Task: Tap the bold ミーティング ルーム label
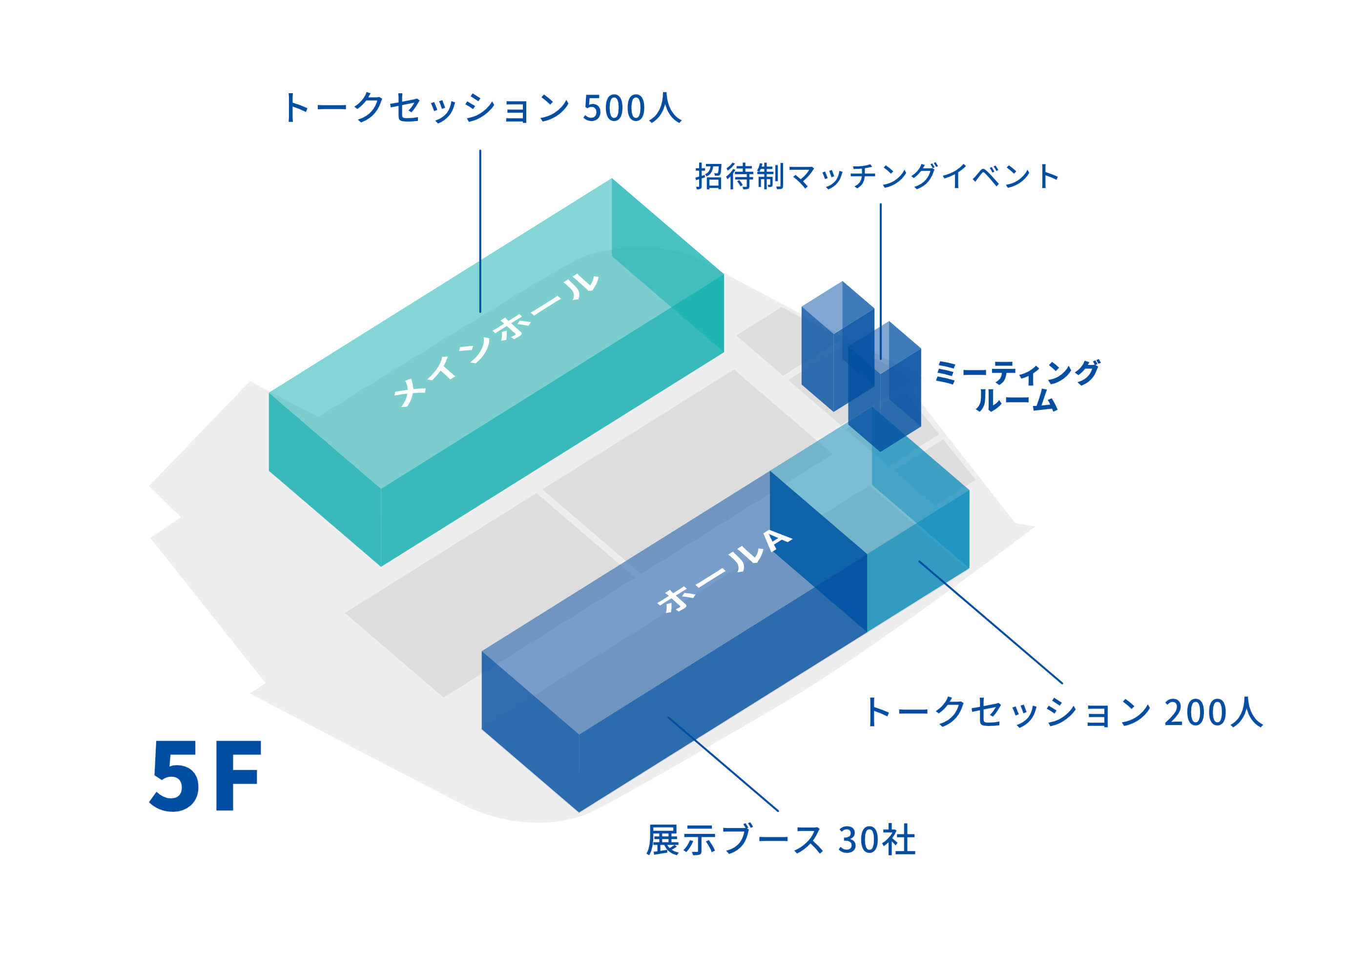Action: click(x=1016, y=385)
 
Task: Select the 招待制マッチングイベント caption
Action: click(x=877, y=177)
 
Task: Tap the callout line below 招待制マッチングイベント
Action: click(x=880, y=281)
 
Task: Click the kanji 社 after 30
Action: click(x=898, y=841)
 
